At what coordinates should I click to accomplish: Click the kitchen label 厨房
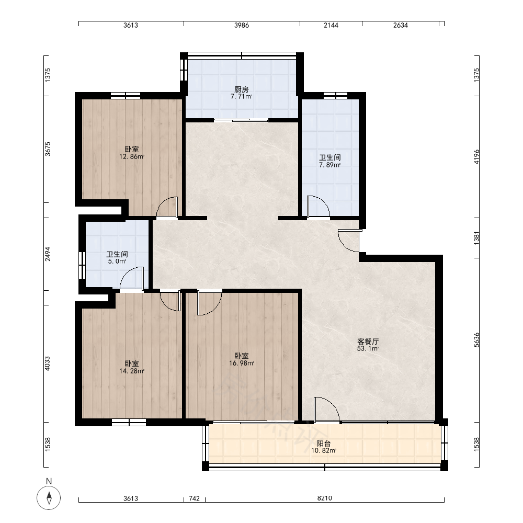click(241, 89)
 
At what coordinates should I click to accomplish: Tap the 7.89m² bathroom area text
click(329, 165)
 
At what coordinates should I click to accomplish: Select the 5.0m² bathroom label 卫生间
click(117, 254)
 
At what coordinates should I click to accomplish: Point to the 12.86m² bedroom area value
click(132, 156)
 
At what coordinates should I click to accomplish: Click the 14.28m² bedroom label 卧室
click(132, 363)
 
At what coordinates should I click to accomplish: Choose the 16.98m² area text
click(242, 363)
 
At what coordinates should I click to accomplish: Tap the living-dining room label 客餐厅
click(368, 342)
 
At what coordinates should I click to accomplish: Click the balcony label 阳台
click(324, 444)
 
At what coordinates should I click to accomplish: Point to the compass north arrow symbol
click(49, 498)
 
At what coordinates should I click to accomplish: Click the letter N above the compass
click(49, 481)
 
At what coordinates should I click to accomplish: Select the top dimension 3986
click(242, 25)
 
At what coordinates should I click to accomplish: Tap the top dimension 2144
click(331, 25)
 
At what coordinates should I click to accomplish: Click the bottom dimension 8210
click(325, 498)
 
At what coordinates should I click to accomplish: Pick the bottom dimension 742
click(194, 498)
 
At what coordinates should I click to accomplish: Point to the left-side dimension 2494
click(48, 254)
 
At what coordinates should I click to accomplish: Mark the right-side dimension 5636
click(476, 340)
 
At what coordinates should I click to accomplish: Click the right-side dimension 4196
click(476, 157)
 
